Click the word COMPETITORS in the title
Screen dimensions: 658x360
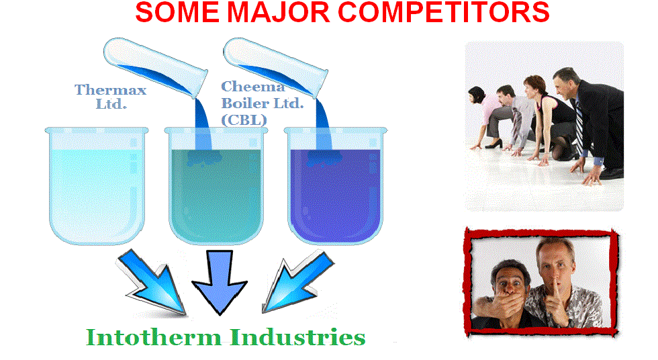click(x=444, y=13)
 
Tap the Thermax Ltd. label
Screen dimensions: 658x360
click(x=111, y=96)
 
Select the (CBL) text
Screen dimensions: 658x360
click(x=244, y=120)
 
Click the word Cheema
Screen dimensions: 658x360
click(x=253, y=87)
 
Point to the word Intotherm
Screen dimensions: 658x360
click(x=154, y=338)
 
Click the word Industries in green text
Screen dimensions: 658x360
click(x=298, y=337)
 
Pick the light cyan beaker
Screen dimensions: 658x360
click(x=97, y=185)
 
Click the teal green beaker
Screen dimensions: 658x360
click(x=216, y=185)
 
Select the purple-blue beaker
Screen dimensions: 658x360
click(x=335, y=185)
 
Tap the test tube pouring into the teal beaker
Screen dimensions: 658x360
click(x=155, y=67)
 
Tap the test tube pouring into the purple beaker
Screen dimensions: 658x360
click(x=275, y=67)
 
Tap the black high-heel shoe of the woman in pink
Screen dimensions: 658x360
click(x=494, y=144)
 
